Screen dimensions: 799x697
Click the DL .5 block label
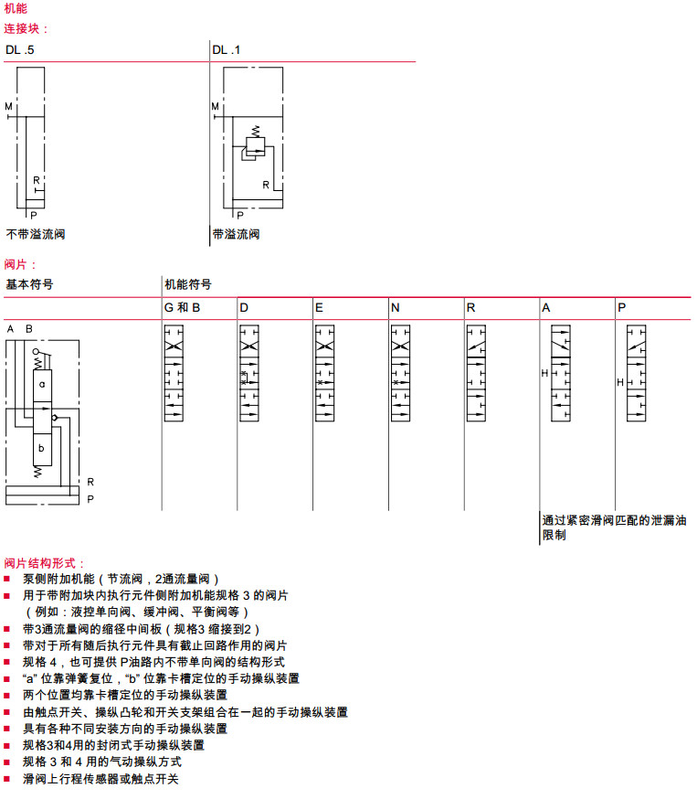[x=20, y=50]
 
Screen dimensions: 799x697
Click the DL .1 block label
[x=227, y=50]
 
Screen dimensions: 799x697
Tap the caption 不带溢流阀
[x=36, y=234]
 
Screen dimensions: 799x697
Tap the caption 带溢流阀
[x=236, y=234]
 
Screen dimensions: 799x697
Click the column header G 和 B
[x=182, y=308]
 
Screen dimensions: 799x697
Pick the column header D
[x=244, y=308]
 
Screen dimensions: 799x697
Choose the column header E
[x=319, y=308]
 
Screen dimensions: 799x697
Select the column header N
[x=395, y=308]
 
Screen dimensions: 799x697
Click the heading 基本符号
[x=29, y=284]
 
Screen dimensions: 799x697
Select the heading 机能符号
[x=187, y=284]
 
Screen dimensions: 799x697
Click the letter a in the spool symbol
[x=42, y=384]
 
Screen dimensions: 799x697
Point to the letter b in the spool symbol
[x=42, y=449]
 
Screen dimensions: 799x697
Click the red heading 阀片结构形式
[x=44, y=563]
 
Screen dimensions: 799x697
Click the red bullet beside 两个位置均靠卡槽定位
[x=8, y=695]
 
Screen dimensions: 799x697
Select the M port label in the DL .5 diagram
[x=8, y=107]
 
